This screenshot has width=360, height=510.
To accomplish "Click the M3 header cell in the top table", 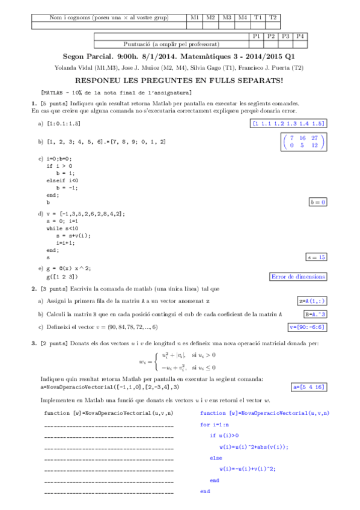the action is (x=227, y=18).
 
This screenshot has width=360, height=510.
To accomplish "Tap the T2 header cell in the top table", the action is (x=273, y=18).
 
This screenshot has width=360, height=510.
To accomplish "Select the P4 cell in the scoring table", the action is (x=301, y=36).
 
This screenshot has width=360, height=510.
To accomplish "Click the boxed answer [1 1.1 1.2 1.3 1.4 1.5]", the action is (x=289, y=123).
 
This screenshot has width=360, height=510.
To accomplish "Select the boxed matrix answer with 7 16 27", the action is (x=304, y=141).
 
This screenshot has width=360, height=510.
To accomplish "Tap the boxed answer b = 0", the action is (x=317, y=202).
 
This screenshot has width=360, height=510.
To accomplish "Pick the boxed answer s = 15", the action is (x=316, y=257).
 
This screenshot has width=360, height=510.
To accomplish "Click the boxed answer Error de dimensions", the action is (x=299, y=277).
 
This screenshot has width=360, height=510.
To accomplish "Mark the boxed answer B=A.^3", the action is (x=316, y=314).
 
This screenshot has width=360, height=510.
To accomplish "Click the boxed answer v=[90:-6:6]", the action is (x=308, y=327).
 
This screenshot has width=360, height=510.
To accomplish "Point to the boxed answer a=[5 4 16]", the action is (x=308, y=387).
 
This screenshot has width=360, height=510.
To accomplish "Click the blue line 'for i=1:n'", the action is (x=215, y=425).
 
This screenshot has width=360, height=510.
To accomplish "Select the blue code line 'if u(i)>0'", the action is (x=224, y=435).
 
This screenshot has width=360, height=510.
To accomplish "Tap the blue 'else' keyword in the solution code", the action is (x=216, y=458).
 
